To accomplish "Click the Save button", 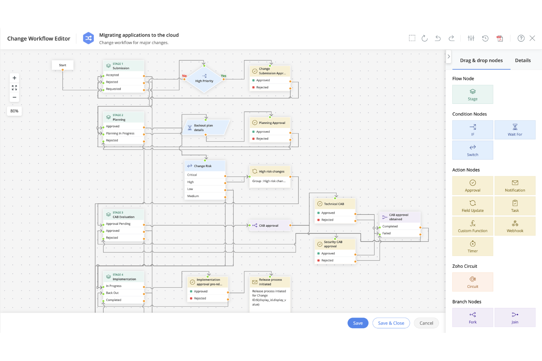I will [x=358, y=323].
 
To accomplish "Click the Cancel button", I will [x=426, y=323].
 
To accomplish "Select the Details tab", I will [x=523, y=60].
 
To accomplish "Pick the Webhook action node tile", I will [x=515, y=226].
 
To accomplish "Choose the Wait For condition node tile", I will [x=515, y=130].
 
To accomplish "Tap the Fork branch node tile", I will [x=472, y=317].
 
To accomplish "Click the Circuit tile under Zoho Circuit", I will [x=472, y=282].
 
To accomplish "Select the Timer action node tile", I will [x=472, y=247].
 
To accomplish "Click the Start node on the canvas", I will [x=63, y=65].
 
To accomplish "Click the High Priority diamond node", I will [x=204, y=79].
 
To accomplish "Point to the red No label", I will [x=184, y=76].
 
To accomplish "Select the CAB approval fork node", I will [x=269, y=225].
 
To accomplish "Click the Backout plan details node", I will [x=205, y=128].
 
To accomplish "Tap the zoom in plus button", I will [x=14, y=78].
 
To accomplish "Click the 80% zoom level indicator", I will [x=14, y=111].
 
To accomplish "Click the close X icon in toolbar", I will [x=532, y=38].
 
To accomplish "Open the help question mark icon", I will [x=521, y=38].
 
